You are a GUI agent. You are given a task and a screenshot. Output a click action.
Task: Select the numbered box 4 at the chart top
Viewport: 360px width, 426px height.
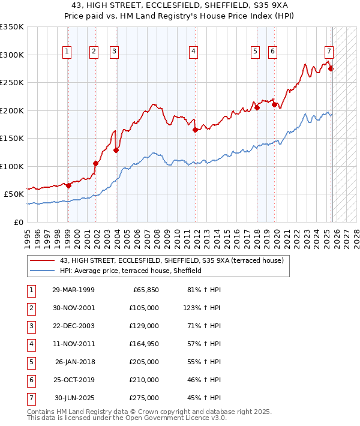pyautogui.click(x=194, y=52)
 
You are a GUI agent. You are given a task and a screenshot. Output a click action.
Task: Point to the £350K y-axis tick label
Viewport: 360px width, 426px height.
pyautogui.click(x=12, y=27)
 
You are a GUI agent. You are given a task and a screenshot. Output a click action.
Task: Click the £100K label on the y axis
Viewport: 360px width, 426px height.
pyautogui.click(x=12, y=166)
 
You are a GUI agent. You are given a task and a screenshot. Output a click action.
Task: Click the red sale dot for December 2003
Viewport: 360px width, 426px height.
pyautogui.click(x=116, y=151)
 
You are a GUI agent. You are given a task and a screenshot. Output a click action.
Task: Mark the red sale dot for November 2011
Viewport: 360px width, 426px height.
pyautogui.click(x=195, y=130)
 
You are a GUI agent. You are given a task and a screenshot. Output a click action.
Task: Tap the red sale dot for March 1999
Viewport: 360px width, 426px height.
pyautogui.click(x=68, y=185)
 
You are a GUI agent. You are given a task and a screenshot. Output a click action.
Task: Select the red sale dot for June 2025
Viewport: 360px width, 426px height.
pyautogui.click(x=331, y=68)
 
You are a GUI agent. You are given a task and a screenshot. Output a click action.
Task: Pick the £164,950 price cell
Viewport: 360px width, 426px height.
pyautogui.click(x=143, y=344)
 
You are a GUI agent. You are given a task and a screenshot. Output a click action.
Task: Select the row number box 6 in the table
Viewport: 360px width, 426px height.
pyautogui.click(x=31, y=380)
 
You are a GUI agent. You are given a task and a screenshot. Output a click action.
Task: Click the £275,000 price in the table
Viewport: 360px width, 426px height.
pyautogui.click(x=143, y=398)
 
